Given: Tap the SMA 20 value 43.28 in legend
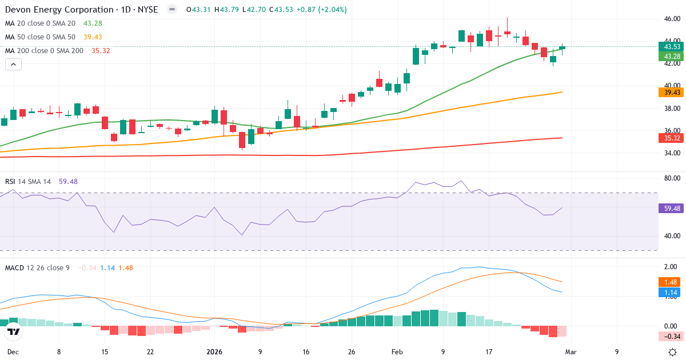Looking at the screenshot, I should [93, 23].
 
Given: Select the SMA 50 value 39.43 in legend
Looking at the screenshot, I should [93, 37].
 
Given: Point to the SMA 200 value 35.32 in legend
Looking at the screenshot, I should [101, 51].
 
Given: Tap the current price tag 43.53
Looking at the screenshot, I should [672, 46].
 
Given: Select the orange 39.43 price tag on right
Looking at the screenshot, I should [672, 93].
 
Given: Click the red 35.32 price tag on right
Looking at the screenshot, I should [672, 138].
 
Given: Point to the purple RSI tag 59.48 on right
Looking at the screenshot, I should [672, 209].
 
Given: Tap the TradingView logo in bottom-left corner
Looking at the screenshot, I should [14, 331].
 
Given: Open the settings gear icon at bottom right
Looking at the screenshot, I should [673, 352].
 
